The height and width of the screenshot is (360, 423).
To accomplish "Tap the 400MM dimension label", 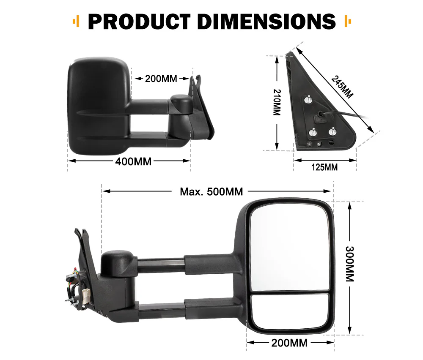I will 134,161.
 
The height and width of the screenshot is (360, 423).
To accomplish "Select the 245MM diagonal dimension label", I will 342,86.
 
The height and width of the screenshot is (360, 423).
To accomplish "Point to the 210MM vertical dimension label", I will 277,102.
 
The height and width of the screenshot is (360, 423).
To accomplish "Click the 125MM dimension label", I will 324,167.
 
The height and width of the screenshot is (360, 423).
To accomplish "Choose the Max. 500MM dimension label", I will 211,191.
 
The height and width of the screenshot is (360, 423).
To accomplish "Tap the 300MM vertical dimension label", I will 350,264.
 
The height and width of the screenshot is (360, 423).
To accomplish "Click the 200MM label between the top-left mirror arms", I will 161,79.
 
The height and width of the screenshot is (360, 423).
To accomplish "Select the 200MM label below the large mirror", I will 290,343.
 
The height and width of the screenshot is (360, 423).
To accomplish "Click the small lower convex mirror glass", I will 290,312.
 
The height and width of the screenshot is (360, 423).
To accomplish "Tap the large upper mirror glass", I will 289,247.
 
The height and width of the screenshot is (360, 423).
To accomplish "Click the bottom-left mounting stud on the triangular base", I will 313,133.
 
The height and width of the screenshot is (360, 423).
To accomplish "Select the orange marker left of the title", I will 76,21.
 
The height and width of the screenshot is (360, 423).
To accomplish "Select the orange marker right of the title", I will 348,21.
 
